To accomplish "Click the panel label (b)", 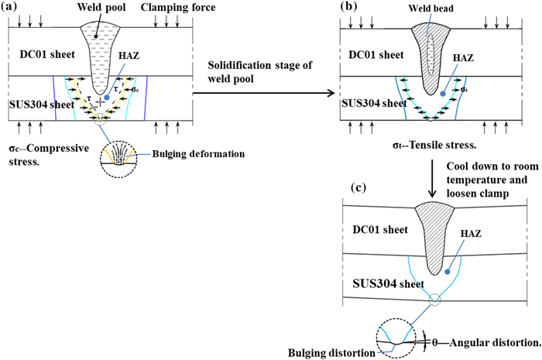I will (344, 8).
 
